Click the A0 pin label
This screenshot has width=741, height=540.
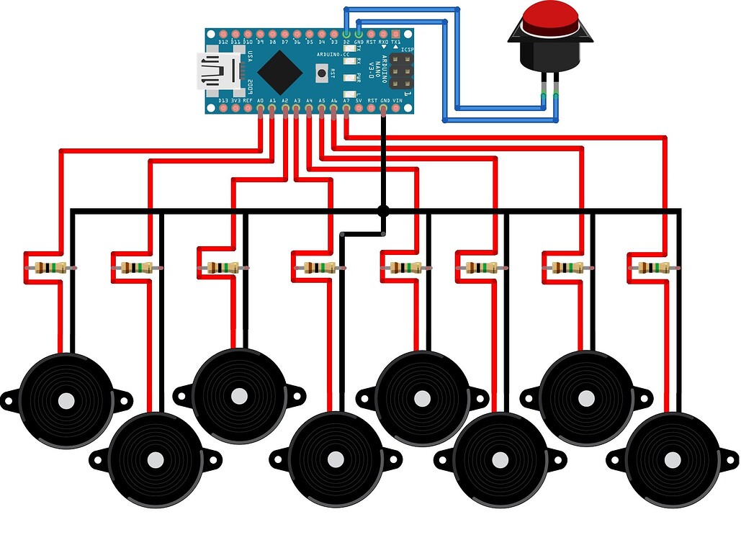(260, 101)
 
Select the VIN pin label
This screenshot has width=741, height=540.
(397, 101)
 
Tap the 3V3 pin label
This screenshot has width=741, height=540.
(235, 101)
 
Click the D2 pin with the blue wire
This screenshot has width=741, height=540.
(346, 34)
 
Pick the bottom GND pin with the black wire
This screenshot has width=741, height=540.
(384, 110)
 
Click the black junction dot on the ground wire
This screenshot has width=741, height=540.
(383, 211)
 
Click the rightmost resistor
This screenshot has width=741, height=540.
(652, 268)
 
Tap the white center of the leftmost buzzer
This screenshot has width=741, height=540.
(66, 401)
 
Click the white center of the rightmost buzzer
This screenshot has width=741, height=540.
(672, 459)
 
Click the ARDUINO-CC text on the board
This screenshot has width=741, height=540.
(333, 55)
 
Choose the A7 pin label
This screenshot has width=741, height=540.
(346, 101)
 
